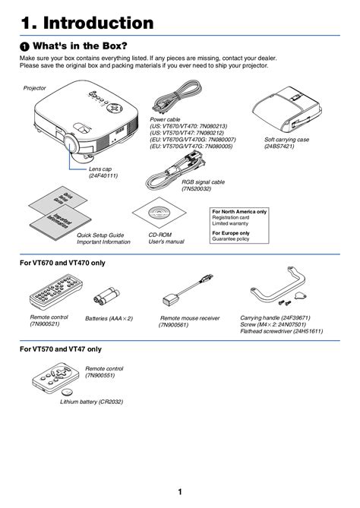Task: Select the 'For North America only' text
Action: pyautogui.click(x=239, y=211)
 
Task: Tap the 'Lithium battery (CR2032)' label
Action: pyautogui.click(x=91, y=402)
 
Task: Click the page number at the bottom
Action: pyautogui.click(x=179, y=491)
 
